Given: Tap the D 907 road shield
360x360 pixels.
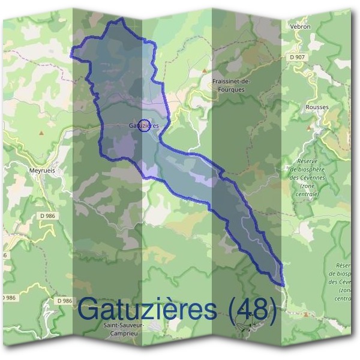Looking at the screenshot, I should (x=296, y=57).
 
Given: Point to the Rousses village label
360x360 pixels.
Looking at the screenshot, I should (x=317, y=107).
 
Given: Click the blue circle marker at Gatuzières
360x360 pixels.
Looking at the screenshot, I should (x=143, y=125).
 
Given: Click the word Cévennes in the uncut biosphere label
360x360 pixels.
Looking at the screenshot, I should (x=311, y=178).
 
